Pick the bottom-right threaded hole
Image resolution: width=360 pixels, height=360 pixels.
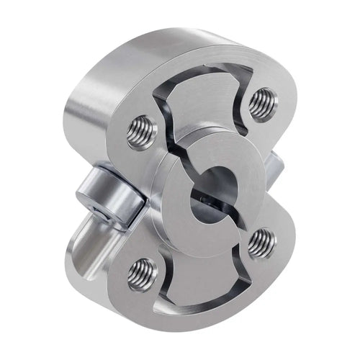coord(261,243)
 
